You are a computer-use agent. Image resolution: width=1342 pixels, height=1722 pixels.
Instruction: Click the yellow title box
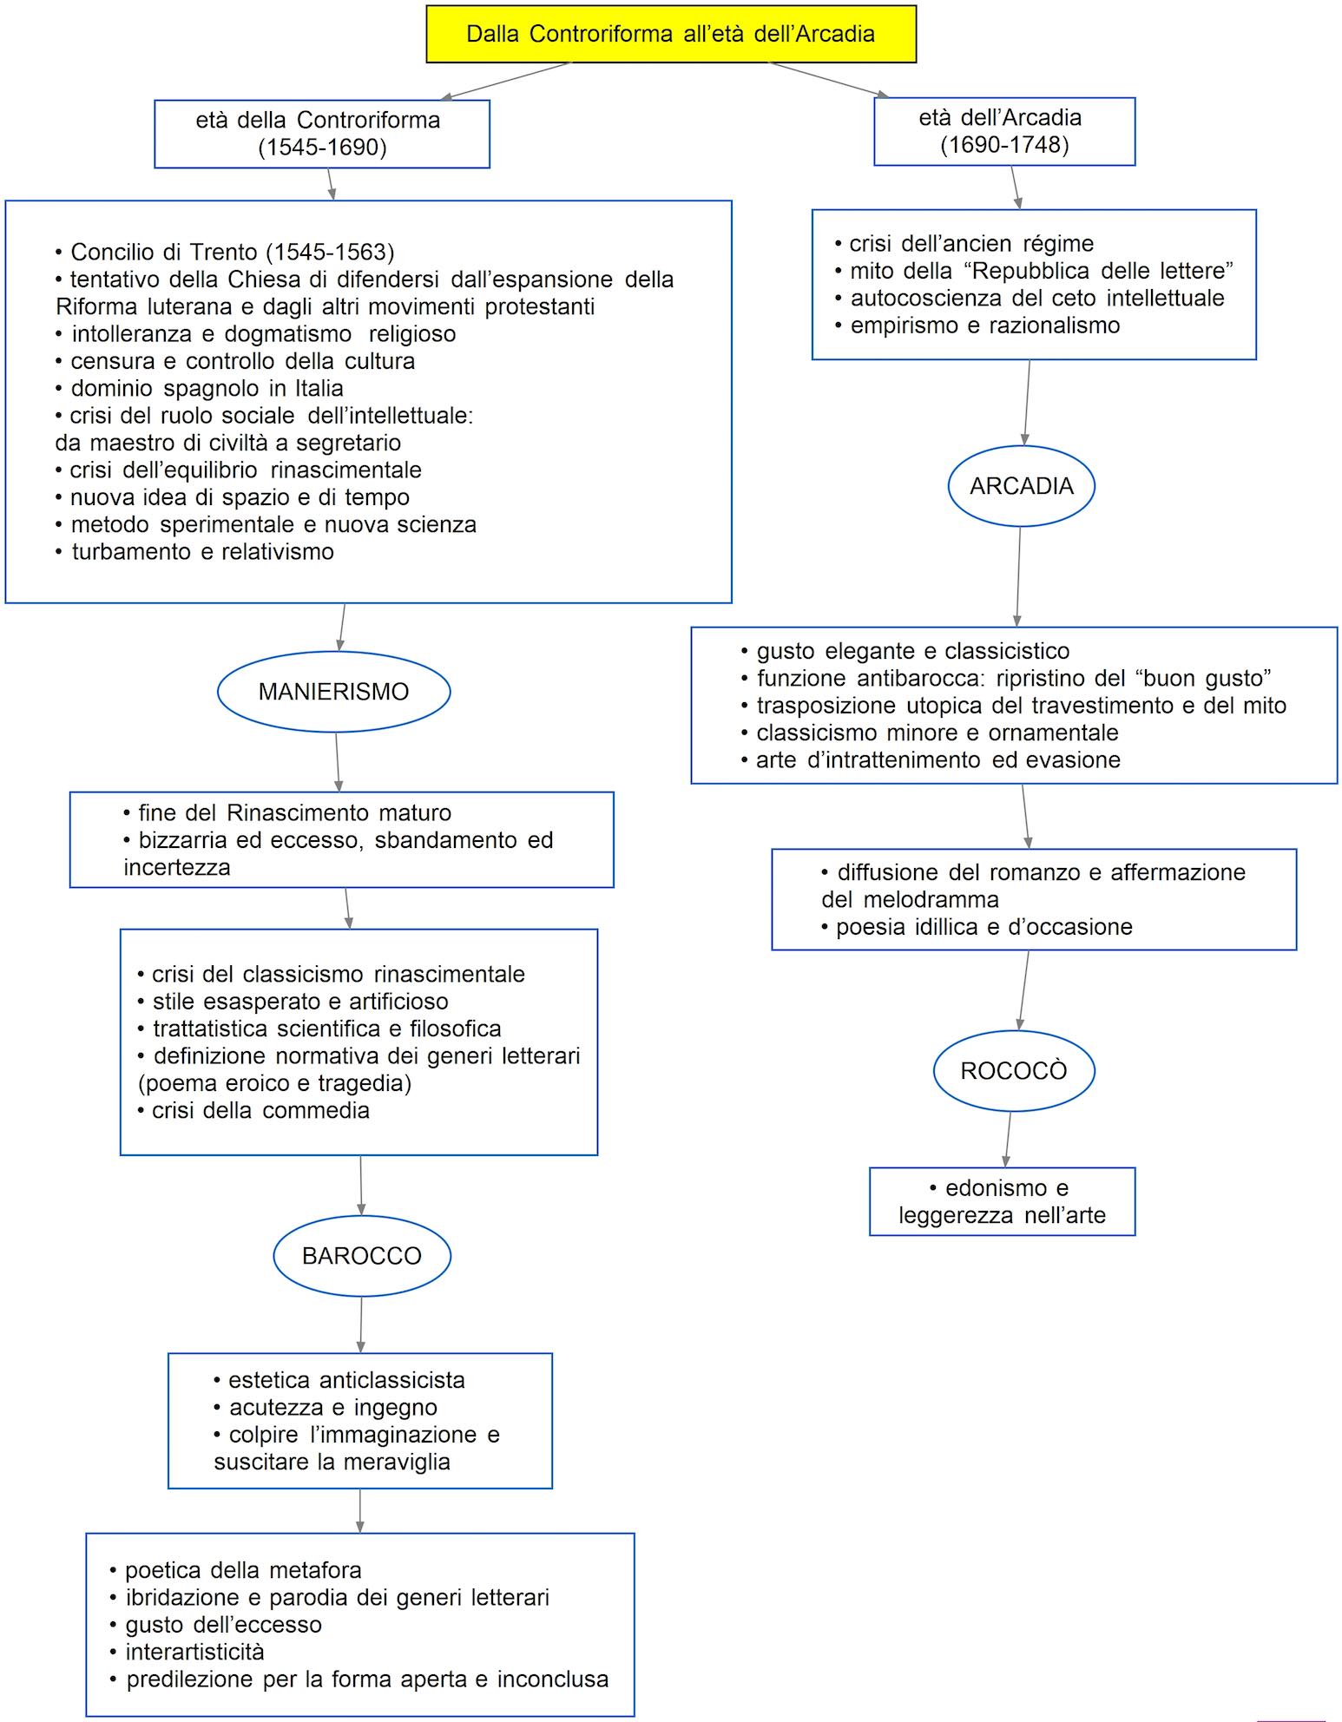point(670,34)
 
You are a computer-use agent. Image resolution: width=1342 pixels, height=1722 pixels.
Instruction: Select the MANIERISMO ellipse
point(333,692)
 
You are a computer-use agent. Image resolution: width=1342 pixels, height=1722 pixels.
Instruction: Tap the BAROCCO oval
point(361,1255)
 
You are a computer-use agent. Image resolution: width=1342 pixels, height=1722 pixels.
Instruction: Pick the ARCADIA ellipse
point(1021,486)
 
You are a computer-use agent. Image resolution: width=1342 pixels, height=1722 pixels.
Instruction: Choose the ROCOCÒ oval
point(1013,1070)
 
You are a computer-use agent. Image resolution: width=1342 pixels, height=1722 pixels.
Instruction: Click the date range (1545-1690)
point(322,147)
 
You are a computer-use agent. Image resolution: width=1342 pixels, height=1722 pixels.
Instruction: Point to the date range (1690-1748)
point(1004,144)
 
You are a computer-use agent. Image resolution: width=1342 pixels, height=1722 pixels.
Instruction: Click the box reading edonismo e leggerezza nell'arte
point(1002,1201)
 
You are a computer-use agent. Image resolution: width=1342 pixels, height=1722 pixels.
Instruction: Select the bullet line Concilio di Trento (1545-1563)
point(225,252)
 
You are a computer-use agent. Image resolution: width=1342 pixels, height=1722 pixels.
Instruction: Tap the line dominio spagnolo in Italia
point(200,388)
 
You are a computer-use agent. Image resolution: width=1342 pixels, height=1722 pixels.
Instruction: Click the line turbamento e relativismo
point(195,551)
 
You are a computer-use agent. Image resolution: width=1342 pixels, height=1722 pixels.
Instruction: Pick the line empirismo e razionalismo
point(977,325)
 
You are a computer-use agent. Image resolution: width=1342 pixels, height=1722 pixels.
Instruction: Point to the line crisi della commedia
point(254,1110)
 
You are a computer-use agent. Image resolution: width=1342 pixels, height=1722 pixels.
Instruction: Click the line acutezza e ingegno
point(326,1408)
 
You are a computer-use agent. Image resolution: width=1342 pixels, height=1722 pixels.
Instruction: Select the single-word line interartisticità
point(187,1652)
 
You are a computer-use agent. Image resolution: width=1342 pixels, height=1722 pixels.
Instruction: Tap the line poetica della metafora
point(236,1570)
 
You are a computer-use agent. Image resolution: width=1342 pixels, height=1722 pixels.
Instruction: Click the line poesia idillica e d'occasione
point(977,927)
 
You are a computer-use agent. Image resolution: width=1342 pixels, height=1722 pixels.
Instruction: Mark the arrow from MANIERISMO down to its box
point(337,762)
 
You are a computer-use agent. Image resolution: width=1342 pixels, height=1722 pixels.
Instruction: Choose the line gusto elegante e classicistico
point(905,651)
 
